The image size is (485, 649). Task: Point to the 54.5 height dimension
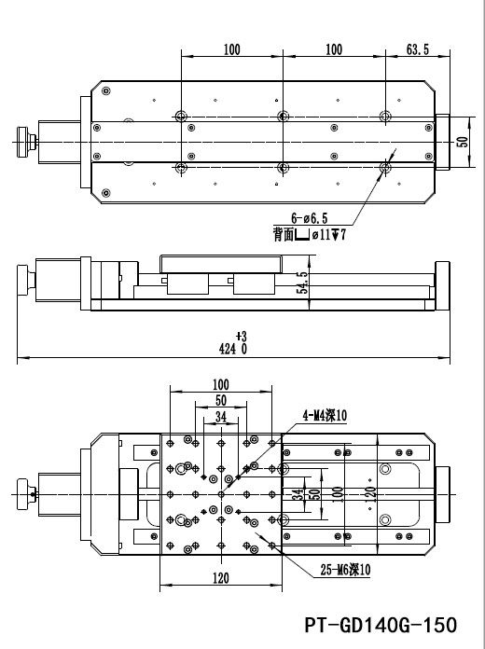tap(301, 283)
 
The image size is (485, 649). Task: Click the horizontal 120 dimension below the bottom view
tap(220, 579)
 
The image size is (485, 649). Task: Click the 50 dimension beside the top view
tap(461, 142)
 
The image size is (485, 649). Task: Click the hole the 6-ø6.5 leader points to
tap(385, 168)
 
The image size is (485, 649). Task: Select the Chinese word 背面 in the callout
tap(284, 235)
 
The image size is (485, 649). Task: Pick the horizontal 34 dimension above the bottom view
tap(220, 417)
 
